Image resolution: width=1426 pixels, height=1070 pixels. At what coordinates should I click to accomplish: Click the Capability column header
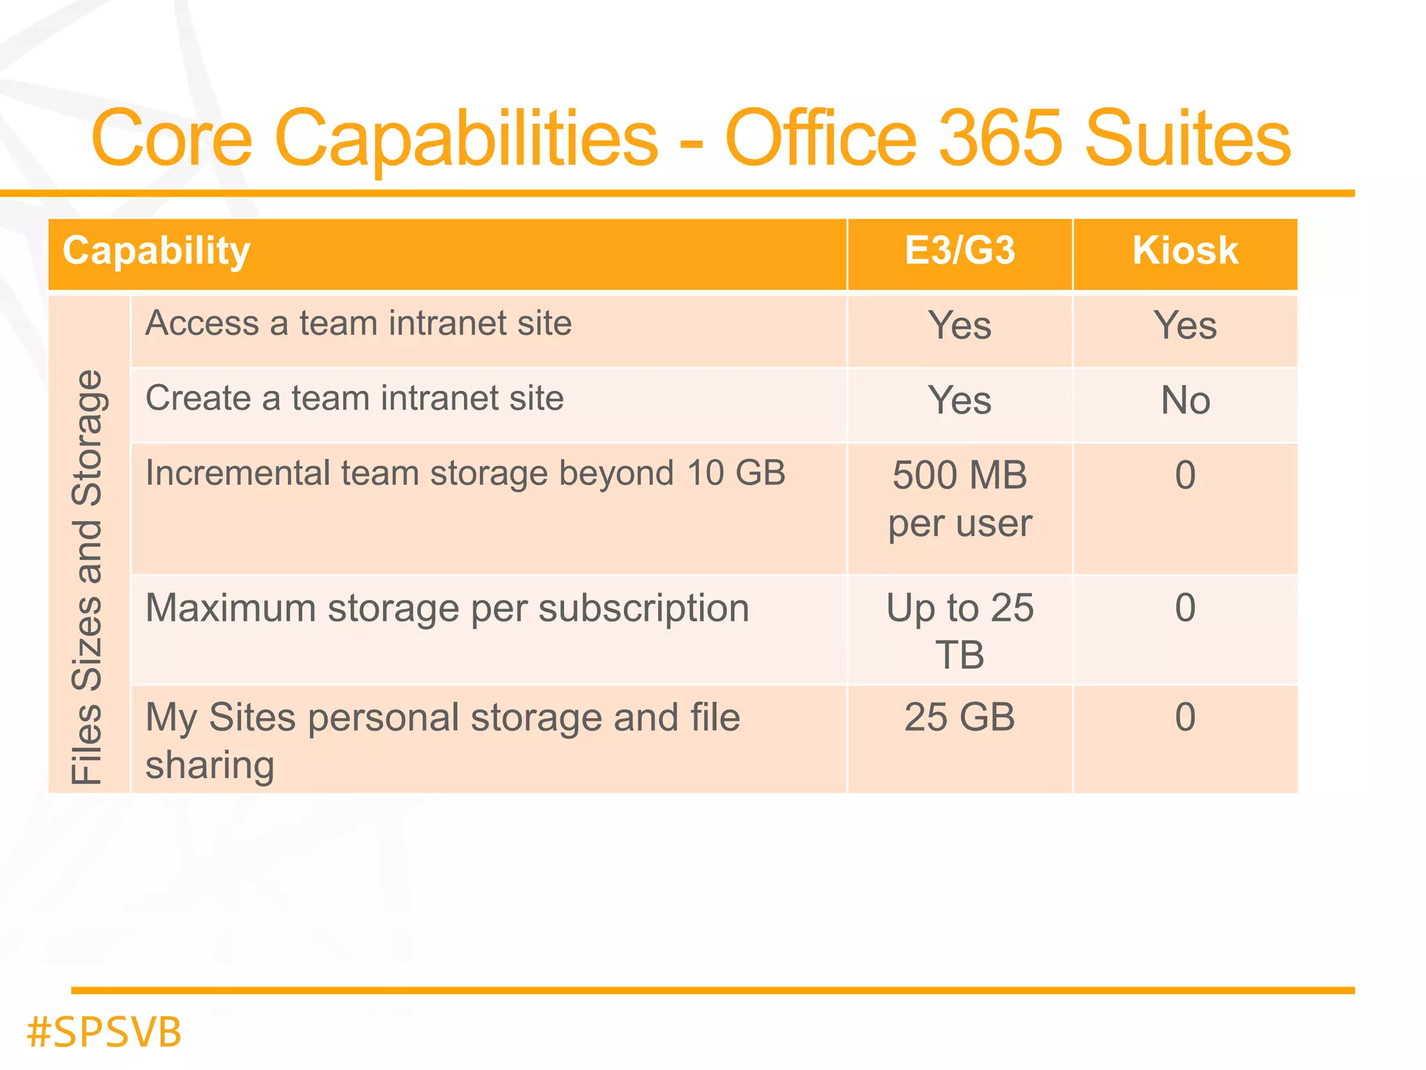[156, 251]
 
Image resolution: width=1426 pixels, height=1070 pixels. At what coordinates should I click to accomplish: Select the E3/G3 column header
[959, 251]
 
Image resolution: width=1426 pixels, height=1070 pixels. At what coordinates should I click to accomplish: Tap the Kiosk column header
[1185, 251]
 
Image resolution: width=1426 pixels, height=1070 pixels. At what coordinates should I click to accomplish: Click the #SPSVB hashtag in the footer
[104, 1032]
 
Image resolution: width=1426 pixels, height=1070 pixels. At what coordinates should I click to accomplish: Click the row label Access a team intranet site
[359, 324]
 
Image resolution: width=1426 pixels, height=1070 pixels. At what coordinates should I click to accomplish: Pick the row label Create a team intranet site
[354, 398]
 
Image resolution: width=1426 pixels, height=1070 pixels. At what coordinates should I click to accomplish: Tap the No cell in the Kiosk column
[1185, 401]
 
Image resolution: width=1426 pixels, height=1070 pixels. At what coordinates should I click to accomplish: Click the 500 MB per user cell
[959, 499]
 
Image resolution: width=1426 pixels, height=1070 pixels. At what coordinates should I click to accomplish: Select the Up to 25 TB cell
[959, 630]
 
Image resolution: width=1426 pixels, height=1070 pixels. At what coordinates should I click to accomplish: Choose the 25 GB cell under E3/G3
[959, 718]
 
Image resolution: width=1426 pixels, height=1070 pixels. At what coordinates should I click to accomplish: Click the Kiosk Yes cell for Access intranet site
[1185, 325]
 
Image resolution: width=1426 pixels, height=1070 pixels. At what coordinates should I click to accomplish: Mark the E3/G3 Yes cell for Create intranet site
[959, 401]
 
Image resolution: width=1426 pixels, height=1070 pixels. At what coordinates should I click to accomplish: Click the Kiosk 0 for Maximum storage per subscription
[1185, 608]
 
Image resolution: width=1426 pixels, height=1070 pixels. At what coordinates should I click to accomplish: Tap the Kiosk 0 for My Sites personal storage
[1185, 718]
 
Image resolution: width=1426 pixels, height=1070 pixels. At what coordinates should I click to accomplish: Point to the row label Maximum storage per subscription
[447, 608]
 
